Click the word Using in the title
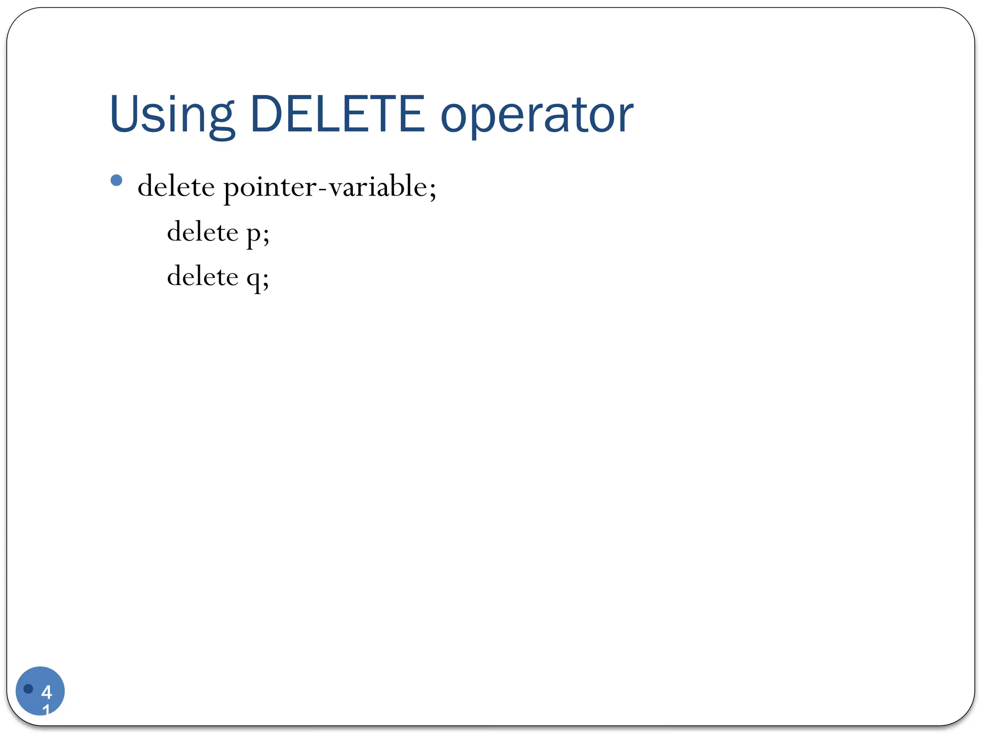tap(171, 115)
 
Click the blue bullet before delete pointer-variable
tap(116, 181)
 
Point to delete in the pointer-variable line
tap(176, 186)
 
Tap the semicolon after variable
tap(433, 190)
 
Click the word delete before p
tap(202, 232)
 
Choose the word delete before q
tap(202, 276)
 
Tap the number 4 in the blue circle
tap(47, 692)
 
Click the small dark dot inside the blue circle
tap(28, 689)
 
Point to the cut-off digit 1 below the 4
tap(46, 710)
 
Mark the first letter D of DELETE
tap(265, 114)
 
